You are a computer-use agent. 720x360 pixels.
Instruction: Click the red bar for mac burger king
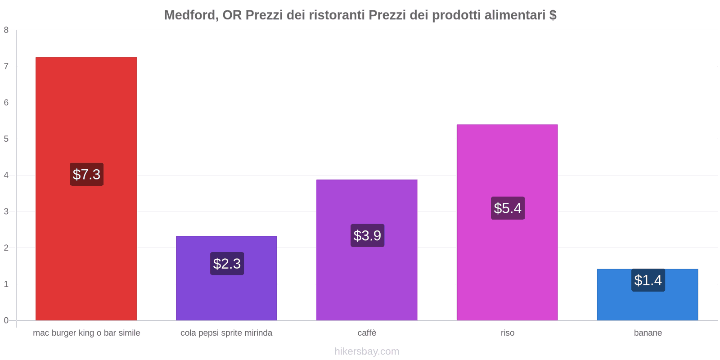click(86, 112)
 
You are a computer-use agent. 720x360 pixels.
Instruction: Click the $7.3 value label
click(86, 174)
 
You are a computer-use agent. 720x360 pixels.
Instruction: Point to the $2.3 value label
click(227, 264)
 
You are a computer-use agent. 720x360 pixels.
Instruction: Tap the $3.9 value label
click(367, 235)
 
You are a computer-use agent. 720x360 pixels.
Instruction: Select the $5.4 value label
click(508, 208)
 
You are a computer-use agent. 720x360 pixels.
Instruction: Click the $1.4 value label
click(648, 280)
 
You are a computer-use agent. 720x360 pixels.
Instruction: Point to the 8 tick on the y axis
click(6, 30)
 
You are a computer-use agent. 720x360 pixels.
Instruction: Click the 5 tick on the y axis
click(6, 139)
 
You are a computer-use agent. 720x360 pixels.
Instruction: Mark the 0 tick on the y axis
click(6, 320)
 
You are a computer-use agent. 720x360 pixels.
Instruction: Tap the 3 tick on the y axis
click(6, 211)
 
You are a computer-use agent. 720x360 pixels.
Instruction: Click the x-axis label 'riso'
click(507, 333)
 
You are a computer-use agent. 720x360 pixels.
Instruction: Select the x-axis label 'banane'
click(648, 333)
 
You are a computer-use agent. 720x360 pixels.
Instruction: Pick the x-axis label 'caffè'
click(367, 333)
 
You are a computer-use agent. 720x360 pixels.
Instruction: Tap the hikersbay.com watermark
click(367, 351)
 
